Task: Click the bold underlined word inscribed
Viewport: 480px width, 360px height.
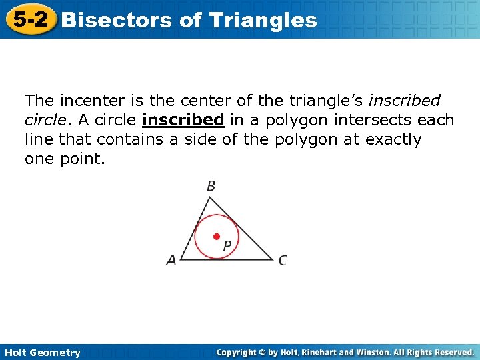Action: [x=183, y=121]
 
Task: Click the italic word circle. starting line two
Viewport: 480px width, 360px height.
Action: [x=47, y=121]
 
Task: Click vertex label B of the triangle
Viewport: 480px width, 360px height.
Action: [x=211, y=186]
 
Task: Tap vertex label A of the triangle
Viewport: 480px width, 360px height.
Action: [x=171, y=261]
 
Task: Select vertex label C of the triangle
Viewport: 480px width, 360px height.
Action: [x=283, y=261]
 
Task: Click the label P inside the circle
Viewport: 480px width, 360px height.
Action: [x=227, y=246]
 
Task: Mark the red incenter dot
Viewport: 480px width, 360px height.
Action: [x=216, y=237]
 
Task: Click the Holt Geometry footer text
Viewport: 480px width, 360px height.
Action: [x=42, y=353]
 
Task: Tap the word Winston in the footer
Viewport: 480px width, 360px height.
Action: [x=377, y=352]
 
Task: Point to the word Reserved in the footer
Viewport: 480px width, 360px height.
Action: [x=453, y=352]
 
